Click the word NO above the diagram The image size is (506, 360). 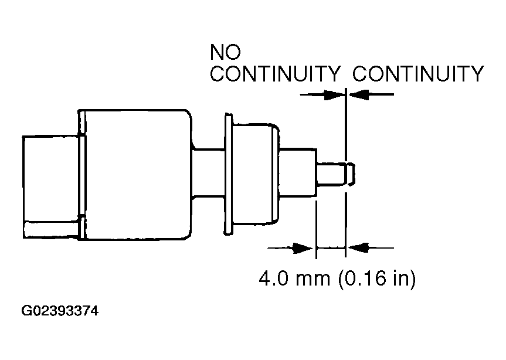pyautogui.click(x=225, y=54)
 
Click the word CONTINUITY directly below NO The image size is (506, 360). pyautogui.click(x=276, y=74)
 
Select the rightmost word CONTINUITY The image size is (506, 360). pyautogui.click(x=418, y=74)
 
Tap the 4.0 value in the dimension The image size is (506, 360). pyautogui.click(x=274, y=278)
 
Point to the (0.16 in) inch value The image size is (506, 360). pyautogui.click(x=376, y=278)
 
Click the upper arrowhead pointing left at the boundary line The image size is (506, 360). pyautogui.click(x=358, y=93)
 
